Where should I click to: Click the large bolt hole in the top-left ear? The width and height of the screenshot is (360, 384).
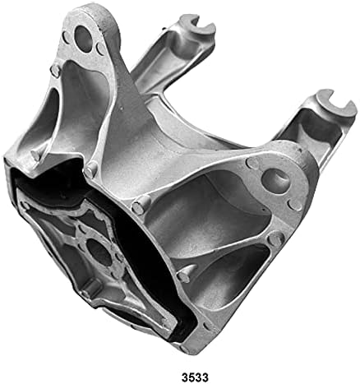tap(84, 39)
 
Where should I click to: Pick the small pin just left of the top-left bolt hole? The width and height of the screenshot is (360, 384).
tap(66, 37)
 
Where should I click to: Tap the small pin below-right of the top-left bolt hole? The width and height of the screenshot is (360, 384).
tap(101, 49)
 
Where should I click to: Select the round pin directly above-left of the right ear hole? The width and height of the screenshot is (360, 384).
tap(252, 164)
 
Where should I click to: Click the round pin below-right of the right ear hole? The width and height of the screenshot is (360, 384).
tap(295, 204)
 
